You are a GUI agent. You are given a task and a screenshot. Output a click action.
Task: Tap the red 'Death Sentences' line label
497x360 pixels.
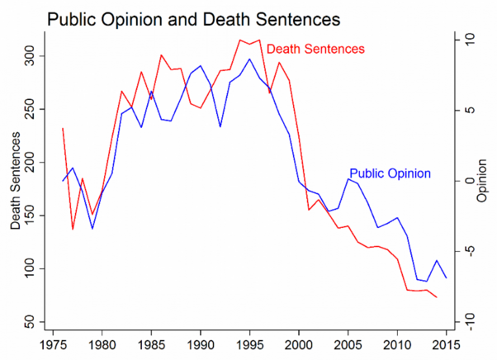(x=315, y=50)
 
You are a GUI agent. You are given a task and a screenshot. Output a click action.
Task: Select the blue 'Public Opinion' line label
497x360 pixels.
(x=390, y=174)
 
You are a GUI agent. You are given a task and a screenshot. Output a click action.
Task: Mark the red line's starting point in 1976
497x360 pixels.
(x=63, y=128)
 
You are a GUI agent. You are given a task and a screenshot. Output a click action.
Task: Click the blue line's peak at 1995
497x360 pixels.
(x=249, y=59)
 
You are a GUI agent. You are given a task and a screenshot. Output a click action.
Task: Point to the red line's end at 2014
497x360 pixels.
(x=437, y=296)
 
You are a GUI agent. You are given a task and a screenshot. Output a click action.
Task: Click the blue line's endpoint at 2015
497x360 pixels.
(x=447, y=278)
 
